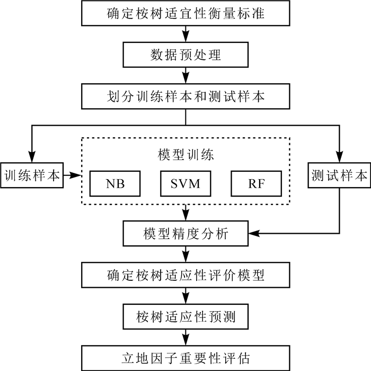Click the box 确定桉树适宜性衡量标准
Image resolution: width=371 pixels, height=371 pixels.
click(x=185, y=13)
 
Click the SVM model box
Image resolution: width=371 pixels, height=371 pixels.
click(x=185, y=183)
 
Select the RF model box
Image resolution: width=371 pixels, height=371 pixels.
click(x=256, y=183)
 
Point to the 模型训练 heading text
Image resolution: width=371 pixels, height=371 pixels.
click(x=185, y=155)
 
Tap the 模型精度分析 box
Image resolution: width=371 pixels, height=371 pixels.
click(x=185, y=233)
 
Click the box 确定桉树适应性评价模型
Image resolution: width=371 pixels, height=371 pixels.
click(x=185, y=275)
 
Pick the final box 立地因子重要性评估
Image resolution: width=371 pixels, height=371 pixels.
click(x=185, y=357)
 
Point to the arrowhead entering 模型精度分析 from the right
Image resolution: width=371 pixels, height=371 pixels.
click(x=253, y=233)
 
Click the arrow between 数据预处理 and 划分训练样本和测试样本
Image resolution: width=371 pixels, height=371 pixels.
click(x=185, y=75)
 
